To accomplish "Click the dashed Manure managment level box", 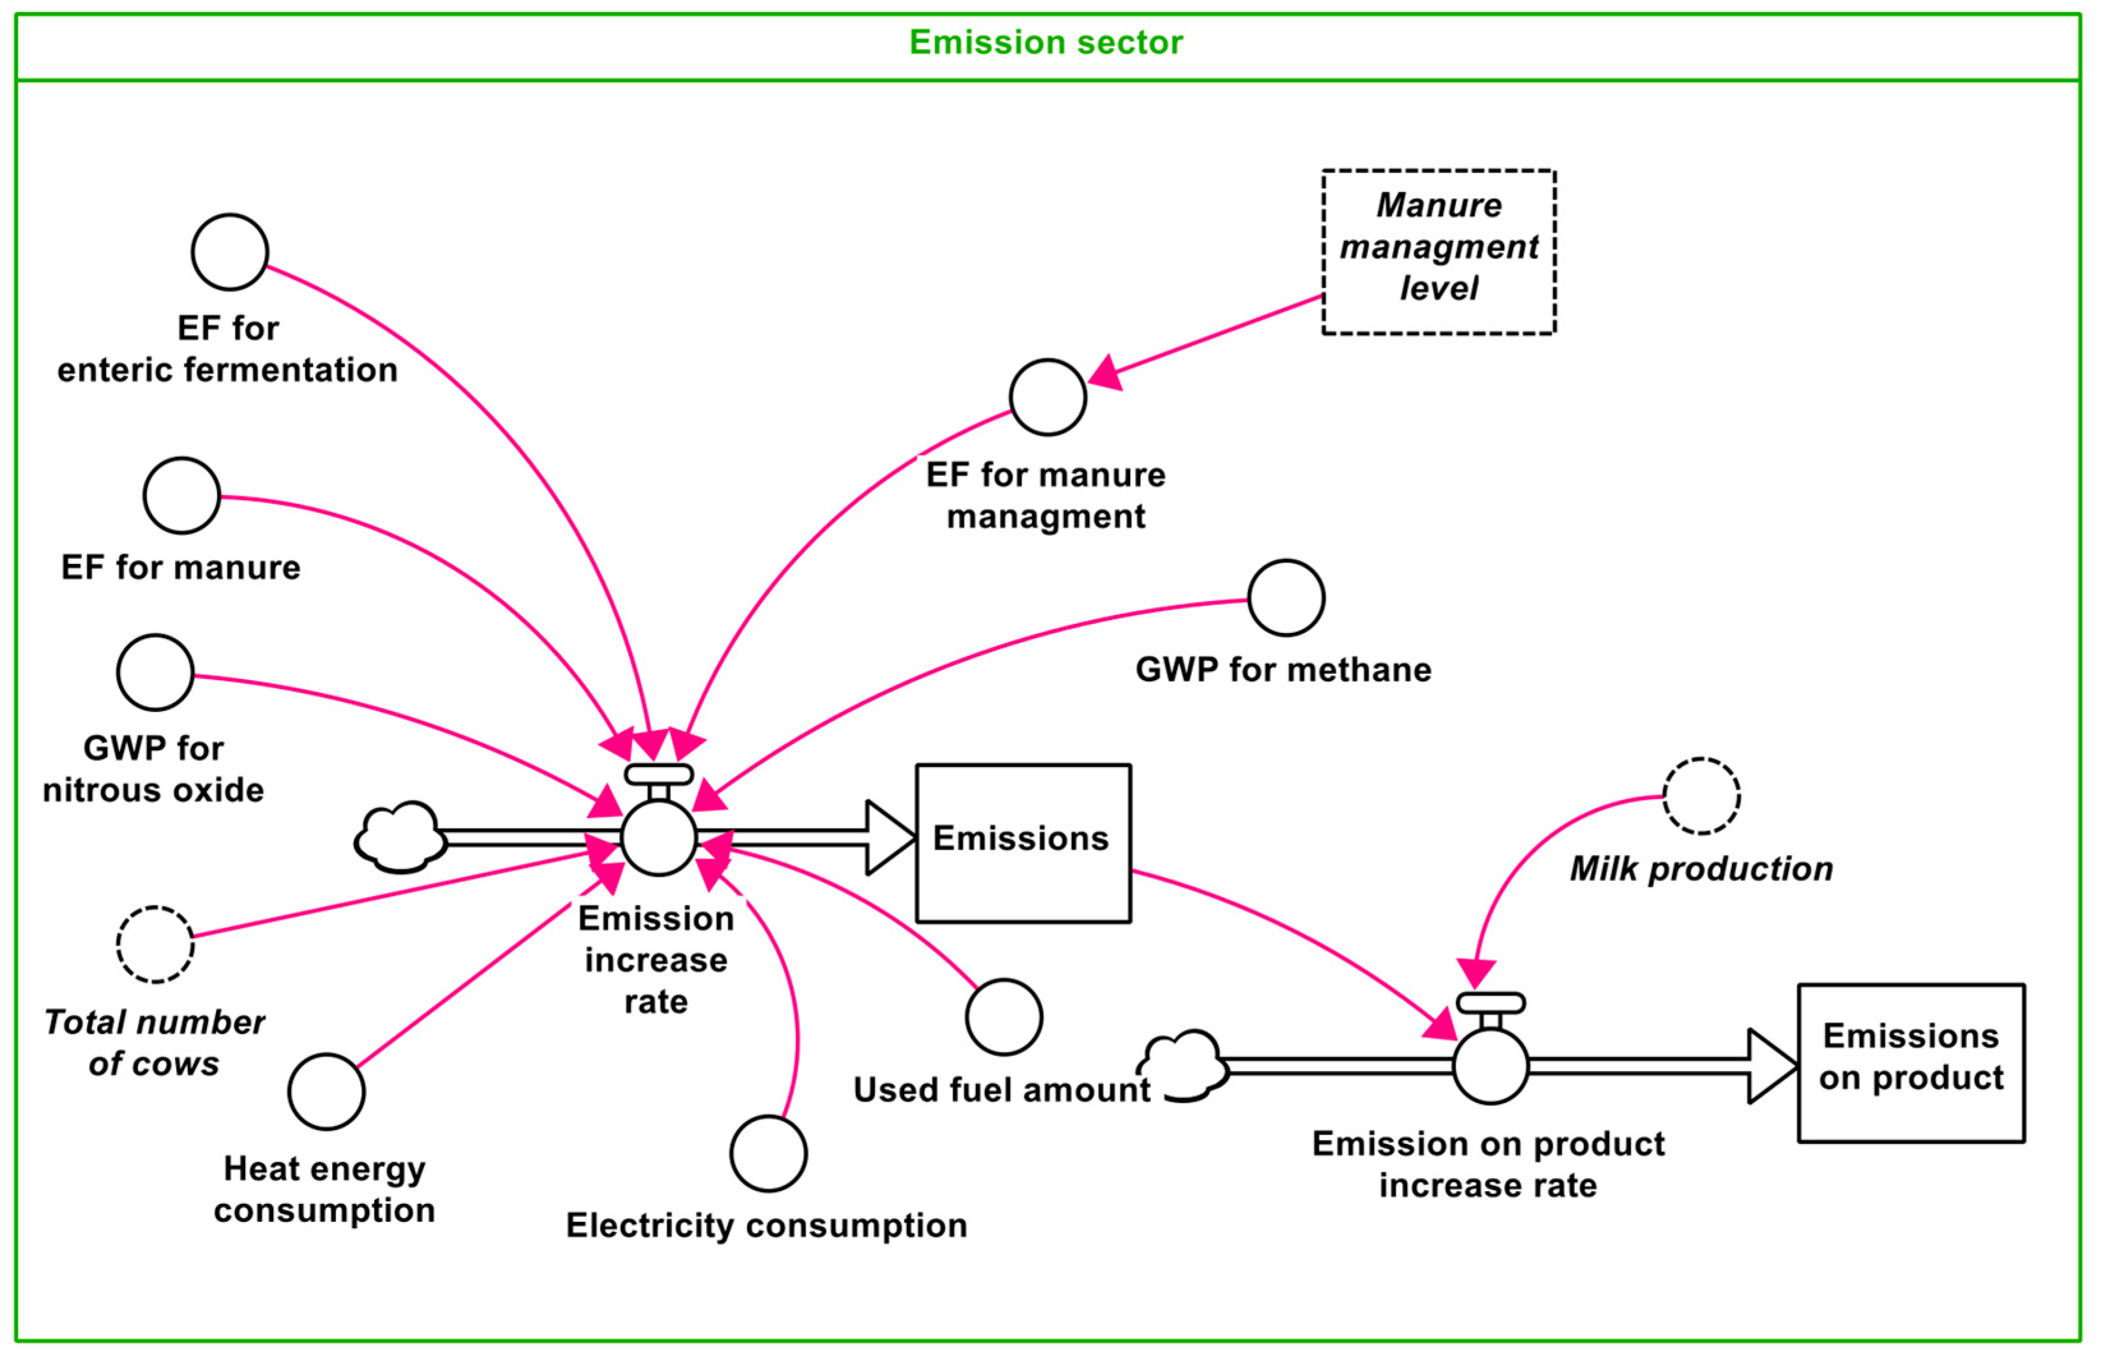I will coord(1438,251).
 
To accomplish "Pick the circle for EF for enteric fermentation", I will coord(230,253).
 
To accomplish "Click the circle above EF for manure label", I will coord(182,496).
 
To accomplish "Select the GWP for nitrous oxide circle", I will coord(155,672).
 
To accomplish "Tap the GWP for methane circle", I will coord(1285,597).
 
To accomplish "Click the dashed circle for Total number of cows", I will coord(155,944).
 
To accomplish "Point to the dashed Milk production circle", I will coord(1701,796).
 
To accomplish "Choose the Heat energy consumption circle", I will coord(327,1092).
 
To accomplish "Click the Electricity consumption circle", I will coord(768,1154).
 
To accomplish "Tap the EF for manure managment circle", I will coord(1048,397).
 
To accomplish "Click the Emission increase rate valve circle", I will coord(659,838).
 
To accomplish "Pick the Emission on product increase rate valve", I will coord(1490,1066).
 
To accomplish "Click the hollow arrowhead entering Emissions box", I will coord(887,838).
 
